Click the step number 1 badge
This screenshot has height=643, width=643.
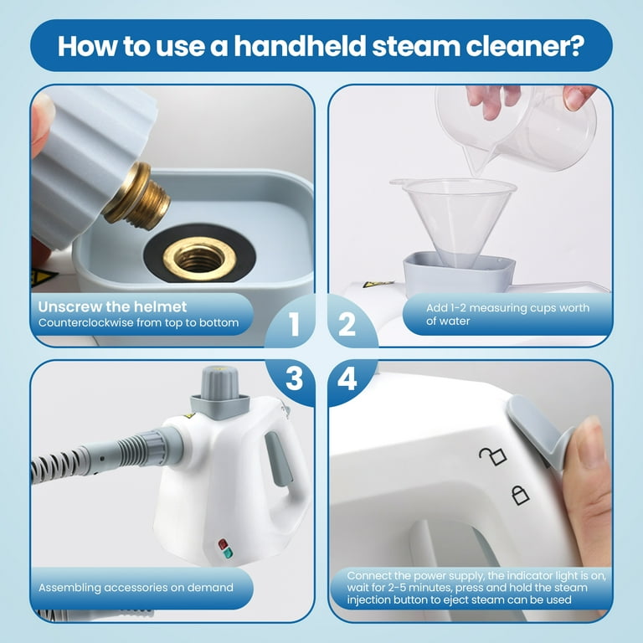tap(294, 325)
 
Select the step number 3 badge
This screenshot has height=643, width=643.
tap(294, 378)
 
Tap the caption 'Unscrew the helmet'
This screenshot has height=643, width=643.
tap(112, 306)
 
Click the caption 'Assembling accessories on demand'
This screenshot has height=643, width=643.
tap(136, 588)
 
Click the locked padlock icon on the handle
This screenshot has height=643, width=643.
tap(520, 496)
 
